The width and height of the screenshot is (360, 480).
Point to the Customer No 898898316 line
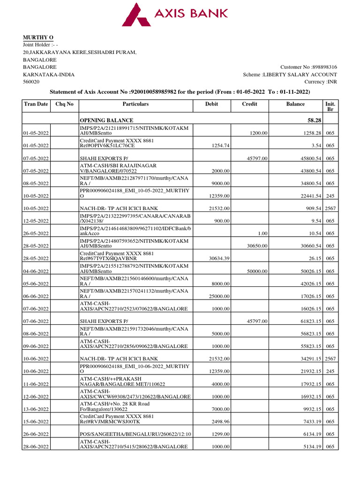pos(308,67)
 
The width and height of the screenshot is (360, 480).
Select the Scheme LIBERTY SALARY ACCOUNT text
pos(290,75)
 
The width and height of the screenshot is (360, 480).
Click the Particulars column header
pos(135,104)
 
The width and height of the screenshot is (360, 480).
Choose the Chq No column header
pos(64,104)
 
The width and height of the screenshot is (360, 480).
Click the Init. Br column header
pos(330,106)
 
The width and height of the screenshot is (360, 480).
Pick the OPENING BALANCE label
pos(107,120)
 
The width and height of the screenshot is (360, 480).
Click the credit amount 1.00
pos(262,233)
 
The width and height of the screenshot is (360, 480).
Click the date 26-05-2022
pos(36,233)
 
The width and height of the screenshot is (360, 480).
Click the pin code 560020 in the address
pos(31,82)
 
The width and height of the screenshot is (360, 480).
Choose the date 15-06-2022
pos(36,422)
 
